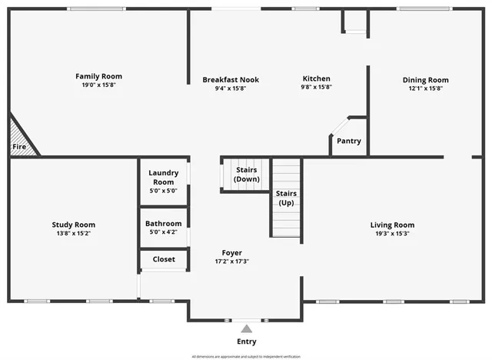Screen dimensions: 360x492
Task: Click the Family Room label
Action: tap(98, 76)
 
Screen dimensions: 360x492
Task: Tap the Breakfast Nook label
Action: tap(231, 79)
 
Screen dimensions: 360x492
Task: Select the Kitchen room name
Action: tap(316, 78)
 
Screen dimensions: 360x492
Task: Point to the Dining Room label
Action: tap(425, 79)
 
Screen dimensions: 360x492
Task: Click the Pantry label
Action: tap(348, 141)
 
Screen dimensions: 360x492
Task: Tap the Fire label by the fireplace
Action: tap(19, 146)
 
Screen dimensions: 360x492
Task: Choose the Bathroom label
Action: tap(163, 224)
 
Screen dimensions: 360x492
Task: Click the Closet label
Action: tap(163, 259)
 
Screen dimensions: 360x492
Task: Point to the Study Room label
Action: tap(73, 225)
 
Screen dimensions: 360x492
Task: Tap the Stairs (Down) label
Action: tap(246, 174)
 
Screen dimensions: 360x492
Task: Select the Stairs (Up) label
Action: tap(286, 198)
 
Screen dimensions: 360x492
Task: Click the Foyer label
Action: tap(231, 252)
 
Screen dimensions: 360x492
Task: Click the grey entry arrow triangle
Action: tap(246, 328)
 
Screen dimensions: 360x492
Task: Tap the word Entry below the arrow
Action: tap(246, 342)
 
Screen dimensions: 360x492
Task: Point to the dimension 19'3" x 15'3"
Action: tap(392, 233)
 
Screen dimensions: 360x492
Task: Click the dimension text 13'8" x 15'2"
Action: tap(73, 233)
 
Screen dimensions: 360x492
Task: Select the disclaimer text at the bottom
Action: tap(246, 356)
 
